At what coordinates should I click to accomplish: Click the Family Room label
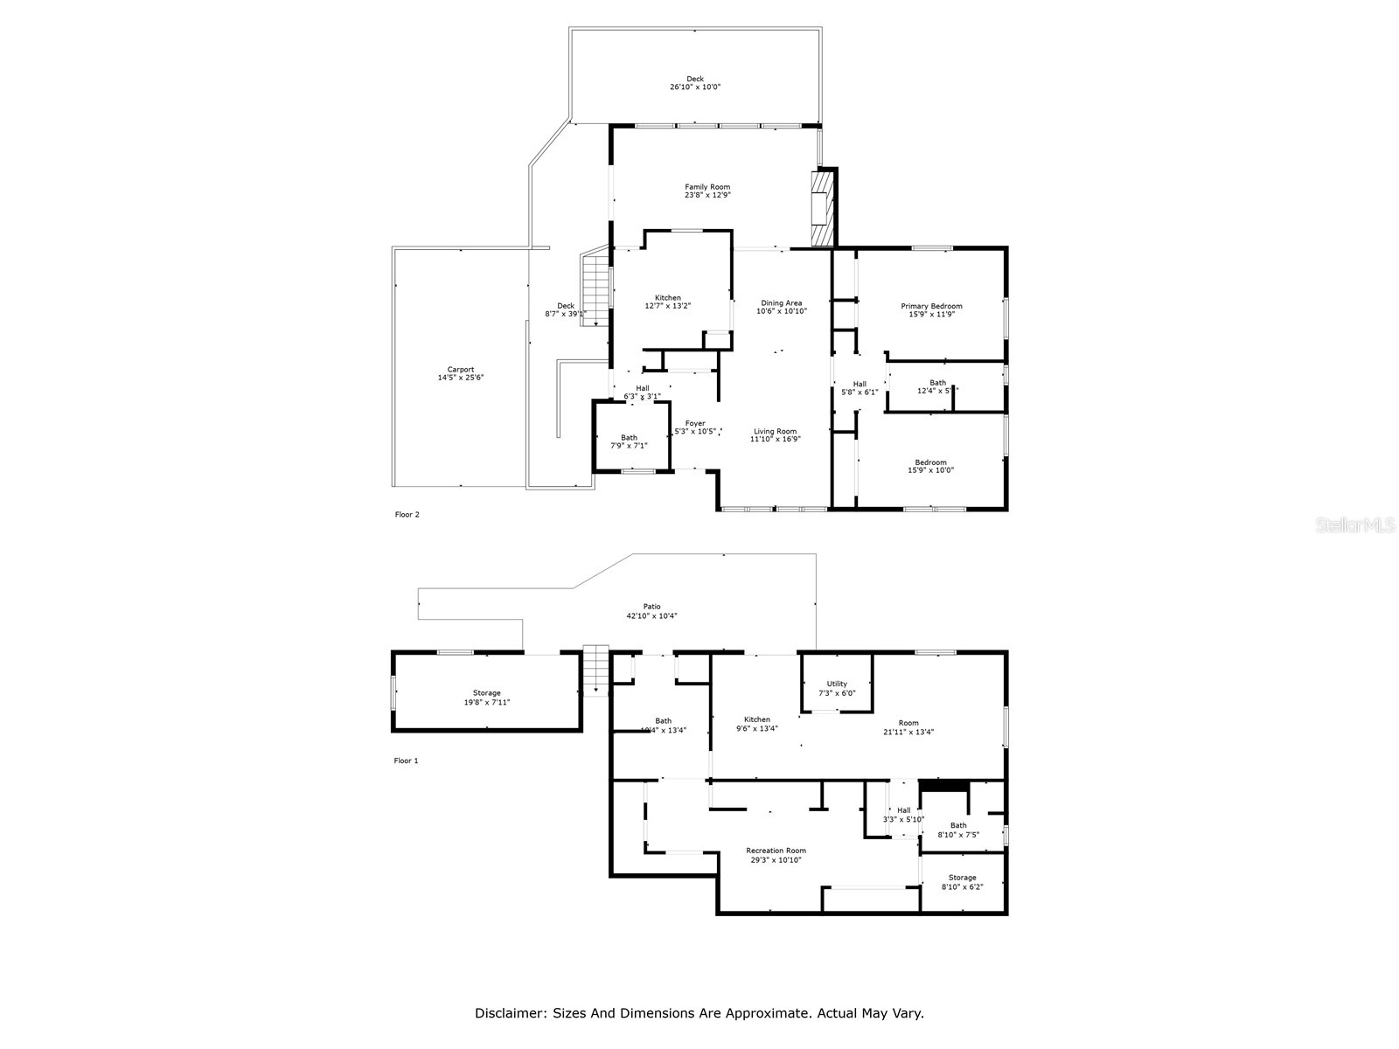(706, 187)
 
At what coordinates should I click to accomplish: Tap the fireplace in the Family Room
(823, 208)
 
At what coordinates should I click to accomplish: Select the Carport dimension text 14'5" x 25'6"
(461, 378)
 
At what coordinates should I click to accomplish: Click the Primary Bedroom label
(931, 306)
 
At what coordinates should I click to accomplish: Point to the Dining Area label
(781, 303)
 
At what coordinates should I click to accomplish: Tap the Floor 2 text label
(407, 515)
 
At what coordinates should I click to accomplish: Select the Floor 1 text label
(406, 761)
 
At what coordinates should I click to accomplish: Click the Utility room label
(837, 684)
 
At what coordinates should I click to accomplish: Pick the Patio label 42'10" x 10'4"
(651, 615)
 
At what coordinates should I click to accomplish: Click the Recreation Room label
(776, 851)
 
